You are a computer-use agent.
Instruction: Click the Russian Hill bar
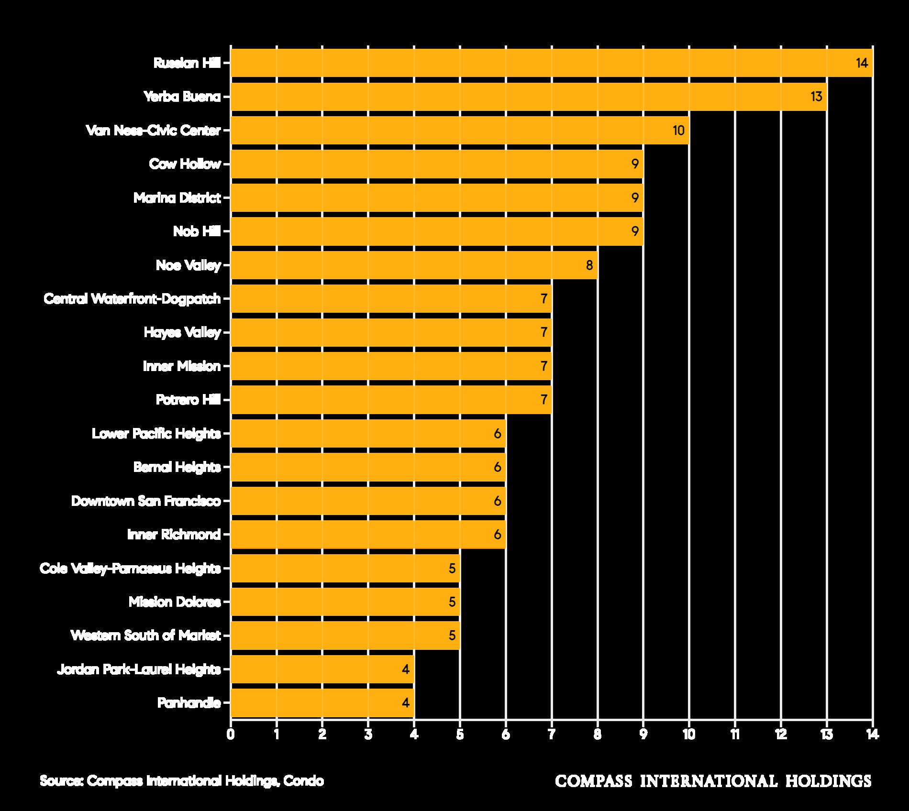(x=552, y=63)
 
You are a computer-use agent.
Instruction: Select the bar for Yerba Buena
(x=529, y=97)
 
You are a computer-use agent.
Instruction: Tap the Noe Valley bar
(x=414, y=265)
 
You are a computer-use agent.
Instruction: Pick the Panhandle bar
(x=322, y=703)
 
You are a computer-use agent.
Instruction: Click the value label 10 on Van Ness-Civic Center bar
(x=678, y=130)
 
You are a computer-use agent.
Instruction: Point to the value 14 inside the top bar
(x=862, y=63)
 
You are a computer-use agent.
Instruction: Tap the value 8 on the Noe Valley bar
(x=589, y=265)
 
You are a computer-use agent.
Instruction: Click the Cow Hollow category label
(x=185, y=164)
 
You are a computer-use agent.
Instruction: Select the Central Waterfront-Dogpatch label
(x=133, y=299)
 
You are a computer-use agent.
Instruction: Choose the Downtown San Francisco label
(x=146, y=501)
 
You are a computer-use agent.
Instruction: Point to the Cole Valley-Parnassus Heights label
(x=131, y=569)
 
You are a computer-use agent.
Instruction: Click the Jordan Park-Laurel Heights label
(x=139, y=669)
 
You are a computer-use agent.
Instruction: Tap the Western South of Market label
(x=146, y=636)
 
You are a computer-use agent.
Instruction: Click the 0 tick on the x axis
(x=231, y=734)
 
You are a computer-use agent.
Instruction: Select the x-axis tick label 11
(x=735, y=734)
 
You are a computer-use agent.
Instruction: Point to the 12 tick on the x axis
(x=781, y=734)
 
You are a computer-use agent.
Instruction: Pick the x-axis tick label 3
(x=368, y=734)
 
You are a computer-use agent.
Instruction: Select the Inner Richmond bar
(x=368, y=535)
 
